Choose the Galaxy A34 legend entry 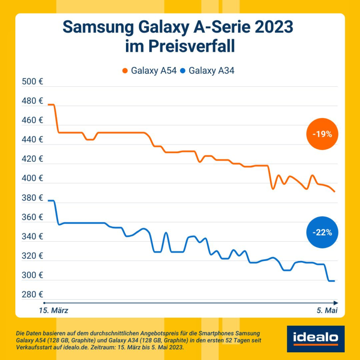pos(207,71)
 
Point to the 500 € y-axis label pos(32,82)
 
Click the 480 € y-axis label pos(32,101)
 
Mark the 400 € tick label pos(32,179)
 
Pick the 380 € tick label pos(32,198)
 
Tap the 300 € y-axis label pos(32,275)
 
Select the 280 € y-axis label pos(32,295)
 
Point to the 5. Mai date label pos(325,310)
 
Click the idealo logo pos(315,339)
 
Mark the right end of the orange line pos(334,192)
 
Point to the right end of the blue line pos(334,281)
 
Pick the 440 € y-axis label pos(32,140)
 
